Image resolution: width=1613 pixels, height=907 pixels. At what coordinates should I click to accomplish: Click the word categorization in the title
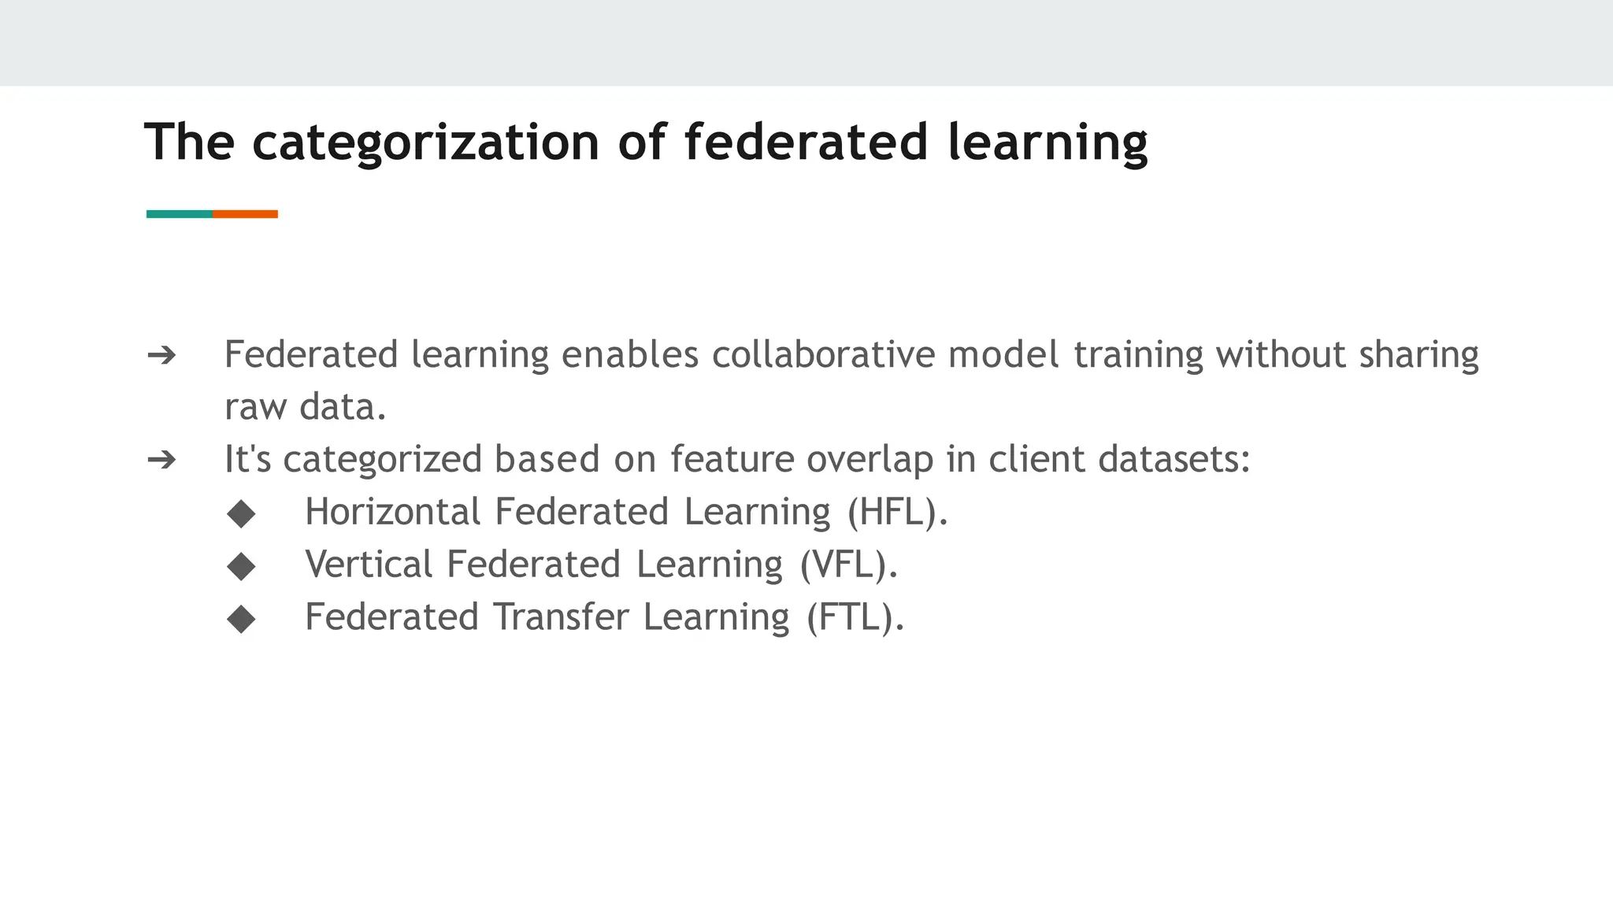425,143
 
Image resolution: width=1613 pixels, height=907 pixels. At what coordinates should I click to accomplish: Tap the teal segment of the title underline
179,214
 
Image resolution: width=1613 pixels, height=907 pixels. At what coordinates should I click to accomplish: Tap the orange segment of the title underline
245,214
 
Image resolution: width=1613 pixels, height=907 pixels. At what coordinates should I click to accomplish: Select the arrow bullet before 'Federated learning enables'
161,356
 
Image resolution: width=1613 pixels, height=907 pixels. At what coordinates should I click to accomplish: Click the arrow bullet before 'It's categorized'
161,460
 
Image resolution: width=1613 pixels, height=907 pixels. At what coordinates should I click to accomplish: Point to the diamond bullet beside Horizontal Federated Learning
241,513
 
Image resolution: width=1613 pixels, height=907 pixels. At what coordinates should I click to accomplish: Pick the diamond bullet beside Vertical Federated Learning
241,565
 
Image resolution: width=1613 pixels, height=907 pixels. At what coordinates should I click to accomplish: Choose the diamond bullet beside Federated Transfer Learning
241,618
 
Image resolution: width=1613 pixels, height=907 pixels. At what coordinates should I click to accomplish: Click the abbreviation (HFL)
897,513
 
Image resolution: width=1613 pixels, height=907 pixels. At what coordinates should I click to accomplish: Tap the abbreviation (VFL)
848,565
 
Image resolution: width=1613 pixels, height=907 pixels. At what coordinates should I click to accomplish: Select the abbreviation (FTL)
855,617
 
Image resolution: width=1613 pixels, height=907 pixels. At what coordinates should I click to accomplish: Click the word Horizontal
392,512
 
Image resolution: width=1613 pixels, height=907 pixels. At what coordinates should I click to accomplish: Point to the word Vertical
369,565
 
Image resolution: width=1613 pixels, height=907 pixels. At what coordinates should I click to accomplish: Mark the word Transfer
562,616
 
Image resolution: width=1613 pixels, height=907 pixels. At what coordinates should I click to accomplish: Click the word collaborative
823,354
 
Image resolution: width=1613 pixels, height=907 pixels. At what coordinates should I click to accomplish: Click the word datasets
1174,459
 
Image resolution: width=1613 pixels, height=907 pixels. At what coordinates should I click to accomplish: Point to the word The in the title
190,143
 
